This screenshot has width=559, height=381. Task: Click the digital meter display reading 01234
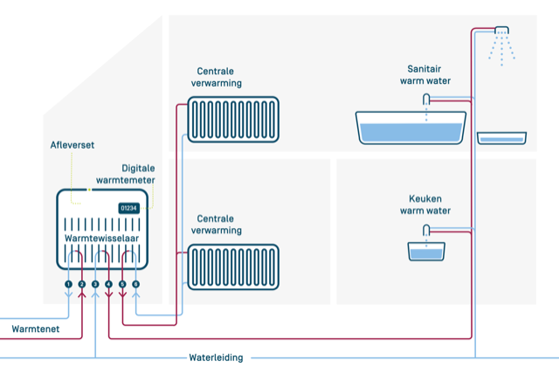pyautogui.click(x=129, y=208)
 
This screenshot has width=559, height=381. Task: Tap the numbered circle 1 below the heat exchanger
pyautogui.click(x=68, y=285)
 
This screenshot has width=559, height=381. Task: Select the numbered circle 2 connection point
pyautogui.click(x=82, y=285)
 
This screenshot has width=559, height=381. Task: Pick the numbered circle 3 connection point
pyautogui.click(x=95, y=285)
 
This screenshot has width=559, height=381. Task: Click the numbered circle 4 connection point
pyautogui.click(x=109, y=285)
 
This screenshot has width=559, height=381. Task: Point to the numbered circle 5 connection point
pyautogui.click(x=123, y=285)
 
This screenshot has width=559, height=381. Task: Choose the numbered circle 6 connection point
pyautogui.click(x=136, y=285)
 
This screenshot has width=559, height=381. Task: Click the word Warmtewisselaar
pyautogui.click(x=101, y=238)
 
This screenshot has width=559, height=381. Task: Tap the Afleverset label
pyautogui.click(x=71, y=146)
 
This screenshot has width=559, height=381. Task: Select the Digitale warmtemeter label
pyautogui.click(x=137, y=174)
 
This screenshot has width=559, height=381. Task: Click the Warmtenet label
pyautogui.click(x=36, y=329)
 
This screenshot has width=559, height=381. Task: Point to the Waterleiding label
pyautogui.click(x=217, y=357)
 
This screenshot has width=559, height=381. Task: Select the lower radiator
pyautogui.click(x=234, y=267)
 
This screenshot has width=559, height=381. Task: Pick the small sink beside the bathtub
pyautogui.click(x=501, y=137)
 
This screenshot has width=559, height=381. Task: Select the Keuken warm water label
pyautogui.click(x=425, y=204)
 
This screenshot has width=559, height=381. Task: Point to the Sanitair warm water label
pyautogui.click(x=425, y=75)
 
